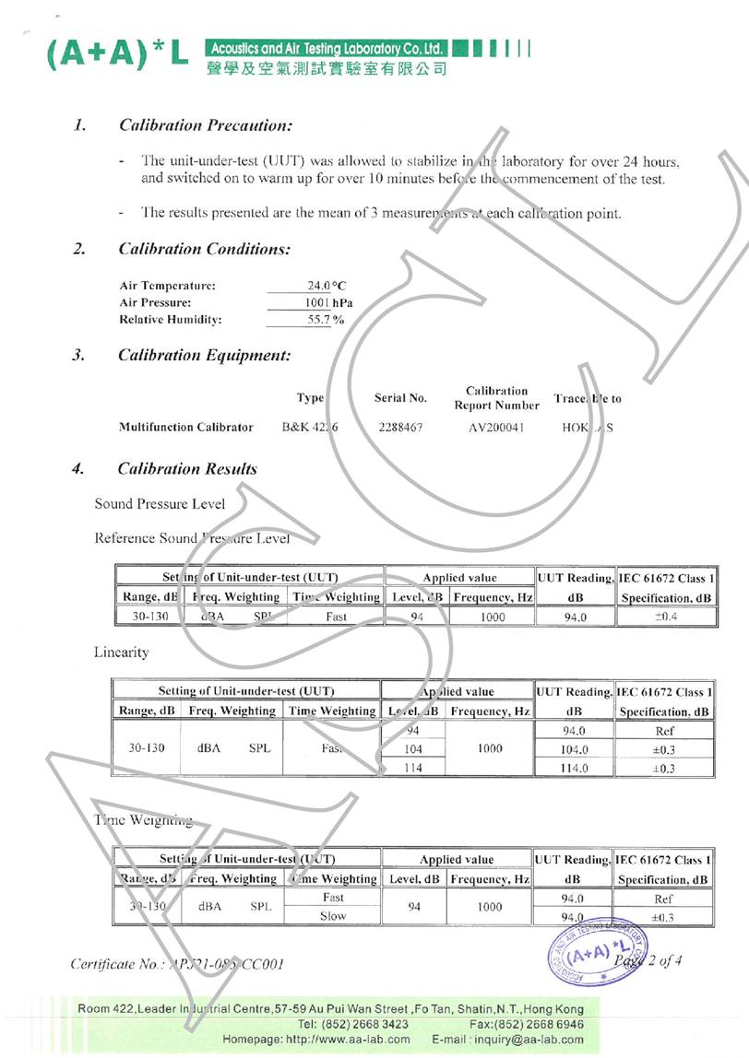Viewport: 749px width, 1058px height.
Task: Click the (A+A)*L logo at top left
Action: click(118, 55)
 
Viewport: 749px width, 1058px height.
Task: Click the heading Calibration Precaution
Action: click(206, 125)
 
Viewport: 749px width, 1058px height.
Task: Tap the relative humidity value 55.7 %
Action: click(326, 320)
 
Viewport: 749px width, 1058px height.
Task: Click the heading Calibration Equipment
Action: click(204, 355)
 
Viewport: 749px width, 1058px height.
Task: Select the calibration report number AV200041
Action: click(496, 428)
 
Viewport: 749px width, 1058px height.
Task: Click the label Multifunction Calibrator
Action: click(185, 428)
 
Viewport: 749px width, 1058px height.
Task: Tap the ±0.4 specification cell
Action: click(666, 617)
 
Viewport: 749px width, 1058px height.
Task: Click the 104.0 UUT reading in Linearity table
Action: click(574, 750)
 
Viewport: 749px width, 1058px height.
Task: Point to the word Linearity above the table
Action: click(122, 652)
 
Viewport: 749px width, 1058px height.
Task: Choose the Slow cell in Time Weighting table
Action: click(333, 916)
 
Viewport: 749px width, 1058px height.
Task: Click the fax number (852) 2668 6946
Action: click(542, 1024)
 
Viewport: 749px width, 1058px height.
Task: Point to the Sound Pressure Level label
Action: click(160, 504)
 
